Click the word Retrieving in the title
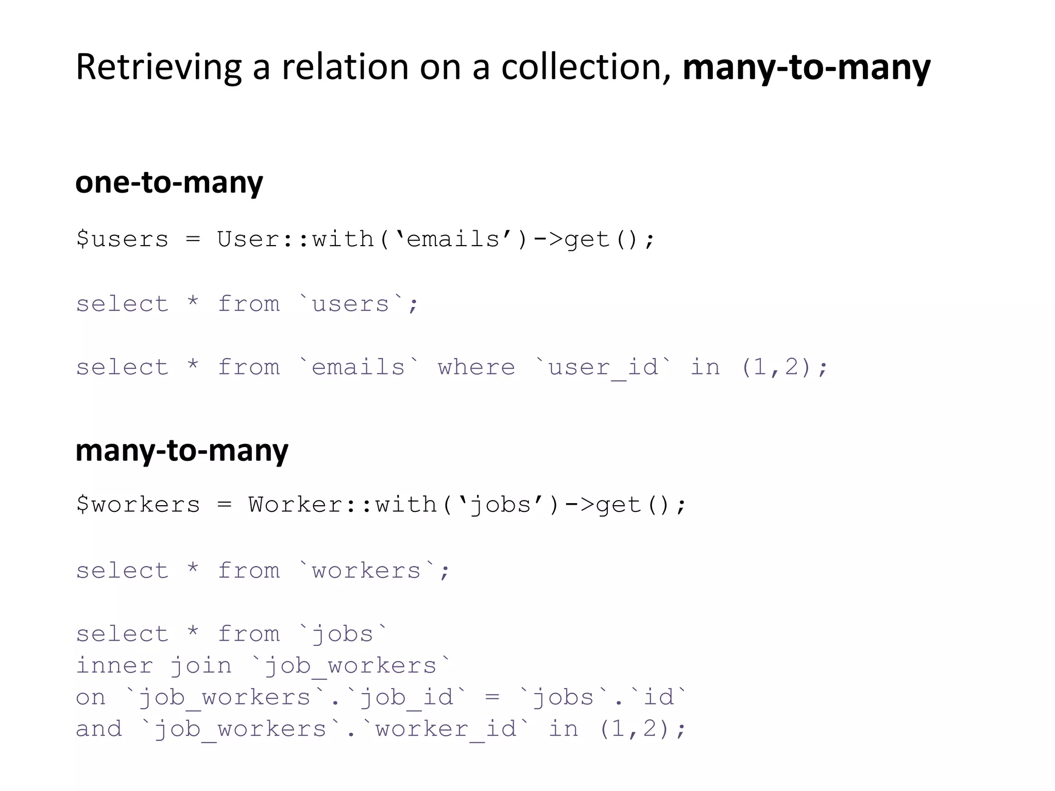[x=158, y=67]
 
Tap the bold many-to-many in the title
[x=806, y=67]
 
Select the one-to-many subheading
[x=169, y=182]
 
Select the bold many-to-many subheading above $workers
[x=182, y=450]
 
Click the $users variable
[x=123, y=239]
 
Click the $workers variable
[x=138, y=505]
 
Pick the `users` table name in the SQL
[x=351, y=304]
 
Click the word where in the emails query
[x=476, y=368]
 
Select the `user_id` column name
[x=603, y=368]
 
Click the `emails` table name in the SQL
[x=359, y=368]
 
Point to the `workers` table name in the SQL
[x=366, y=571]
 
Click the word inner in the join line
[x=114, y=666]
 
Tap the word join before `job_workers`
[x=201, y=666]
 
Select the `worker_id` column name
[x=446, y=729]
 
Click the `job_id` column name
[x=407, y=698]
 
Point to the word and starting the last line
[x=99, y=729]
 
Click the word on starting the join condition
[x=91, y=698]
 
